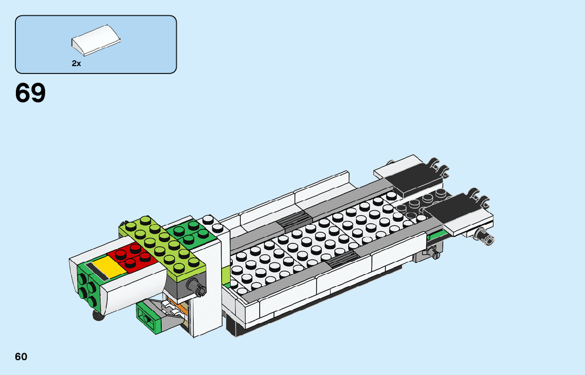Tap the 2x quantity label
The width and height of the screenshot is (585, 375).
click(77, 63)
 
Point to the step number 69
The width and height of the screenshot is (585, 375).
click(31, 94)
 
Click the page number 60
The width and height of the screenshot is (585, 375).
click(21, 356)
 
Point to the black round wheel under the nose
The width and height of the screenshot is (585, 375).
click(98, 316)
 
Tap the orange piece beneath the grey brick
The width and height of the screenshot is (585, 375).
click(181, 308)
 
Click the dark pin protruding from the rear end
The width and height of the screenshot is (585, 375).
click(486, 236)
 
